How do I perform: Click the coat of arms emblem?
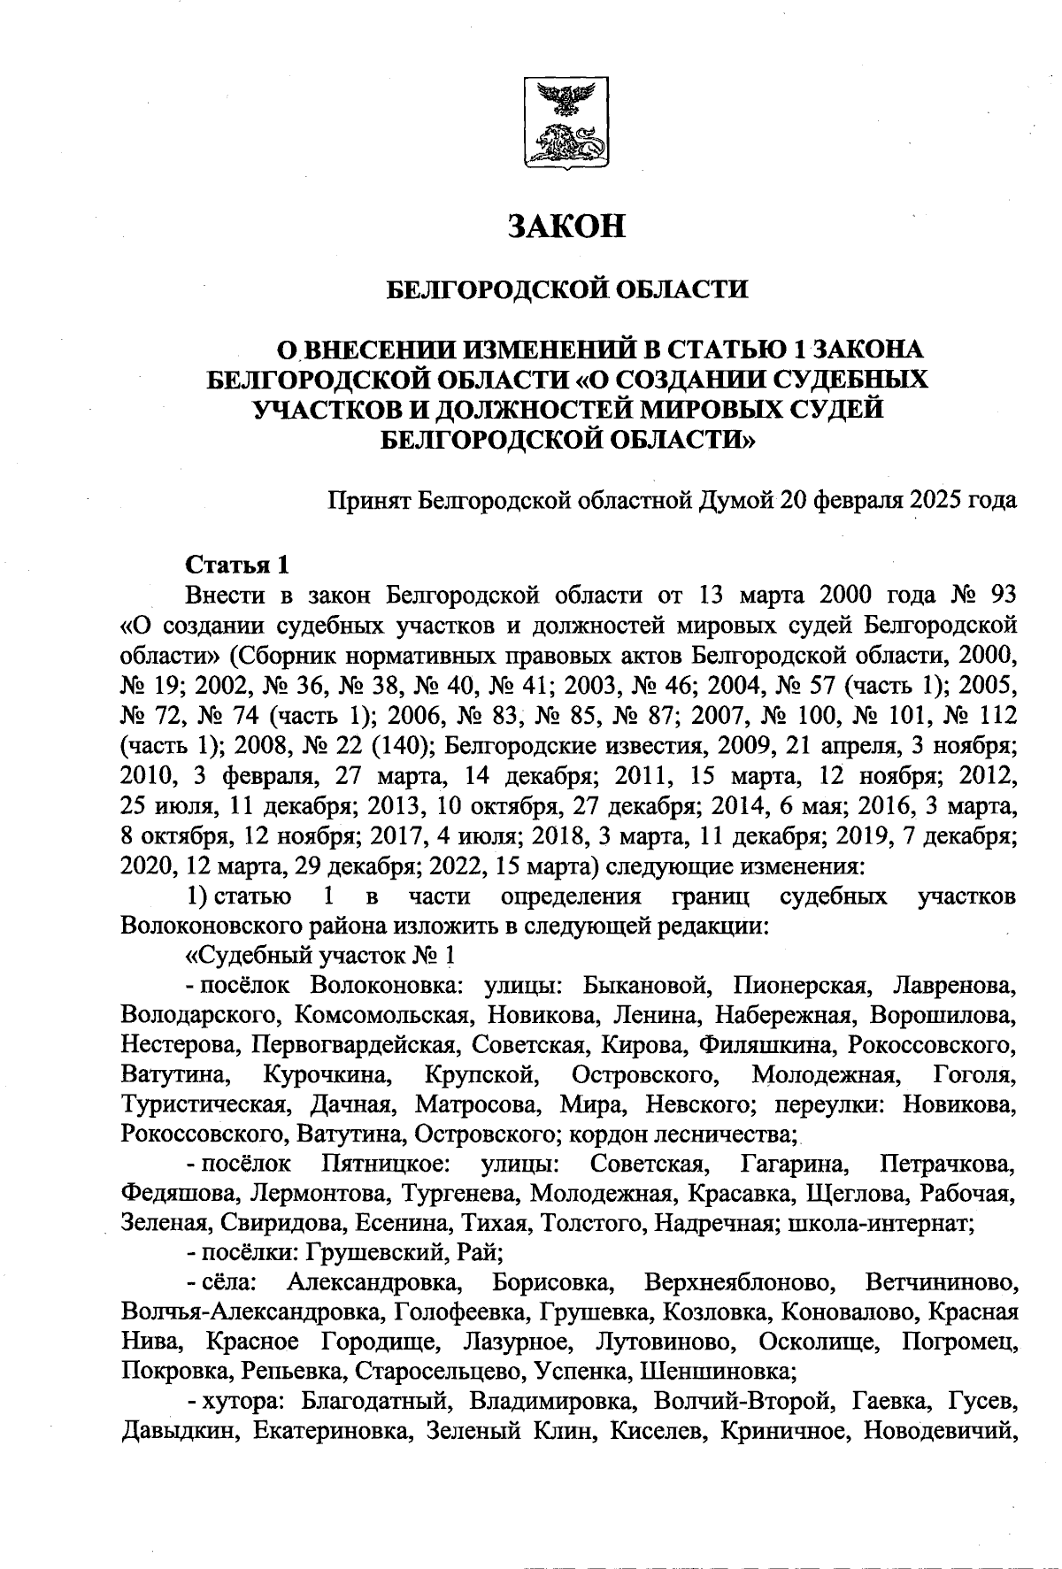(x=566, y=123)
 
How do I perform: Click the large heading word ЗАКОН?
(x=566, y=227)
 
